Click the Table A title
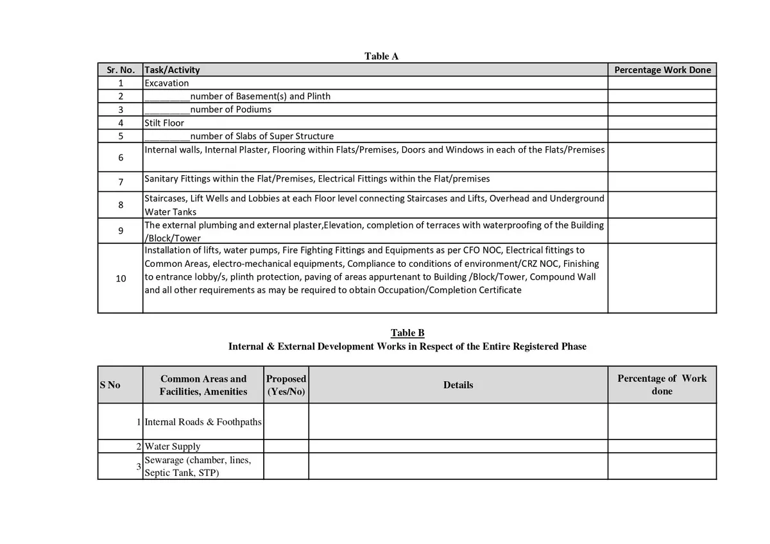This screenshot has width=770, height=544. pos(381,56)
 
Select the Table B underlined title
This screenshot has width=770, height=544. pos(407,332)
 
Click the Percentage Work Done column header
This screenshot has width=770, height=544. pos(662,70)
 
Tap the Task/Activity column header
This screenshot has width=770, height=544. pos(173,70)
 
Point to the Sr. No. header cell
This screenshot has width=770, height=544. pos(120,70)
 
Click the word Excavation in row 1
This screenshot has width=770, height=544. pos(167,83)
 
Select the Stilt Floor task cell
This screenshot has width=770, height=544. pos(164,123)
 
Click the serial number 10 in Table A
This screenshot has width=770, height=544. pos(121,278)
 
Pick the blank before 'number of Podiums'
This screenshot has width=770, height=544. pos(167,110)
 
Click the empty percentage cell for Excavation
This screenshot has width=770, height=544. pos(662,83)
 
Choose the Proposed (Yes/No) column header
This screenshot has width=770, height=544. pos(286,385)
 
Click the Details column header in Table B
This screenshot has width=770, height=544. pos(458,385)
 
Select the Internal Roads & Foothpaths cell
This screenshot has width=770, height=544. pos(203,422)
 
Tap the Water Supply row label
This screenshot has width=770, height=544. pos(173,446)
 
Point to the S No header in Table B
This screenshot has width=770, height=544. pos(110,385)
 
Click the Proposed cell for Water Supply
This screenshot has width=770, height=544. pos(286,446)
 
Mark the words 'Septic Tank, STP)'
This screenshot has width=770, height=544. pos(182,473)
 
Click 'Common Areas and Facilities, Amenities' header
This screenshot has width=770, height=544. pos(203,385)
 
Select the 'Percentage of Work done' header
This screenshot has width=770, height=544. pos(662,384)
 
